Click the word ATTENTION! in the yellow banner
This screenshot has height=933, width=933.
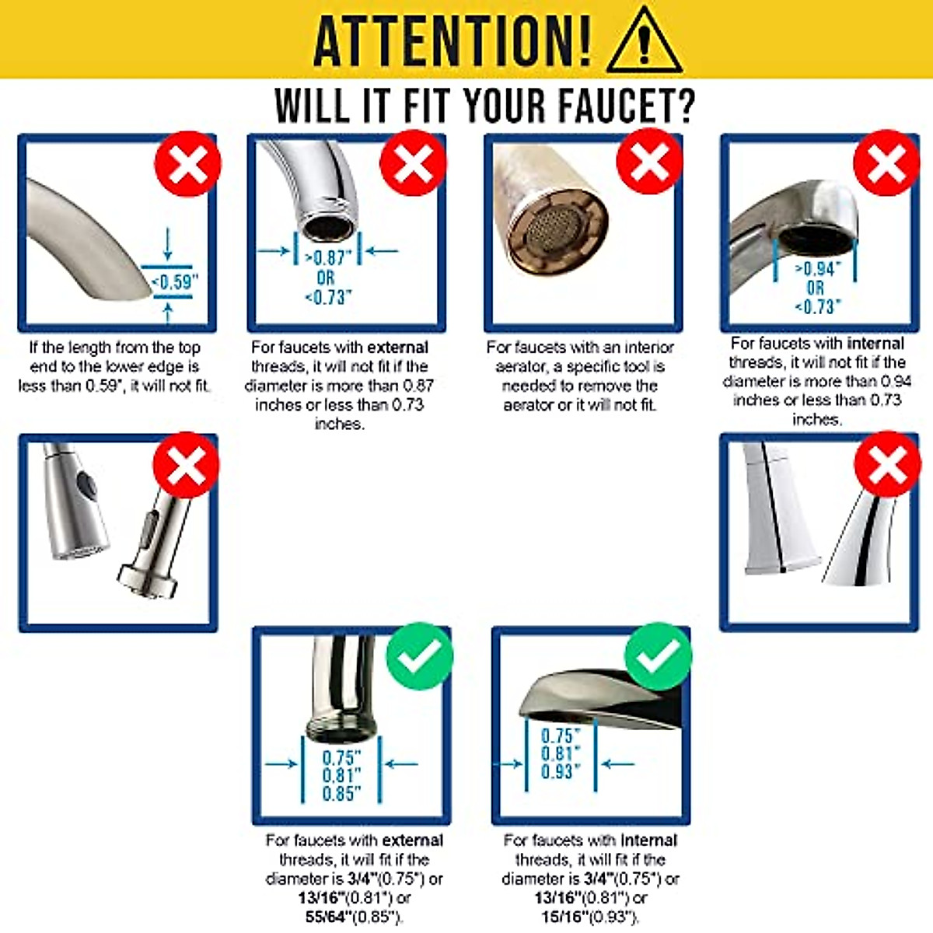pos(452,40)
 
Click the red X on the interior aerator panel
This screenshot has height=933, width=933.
pos(649,162)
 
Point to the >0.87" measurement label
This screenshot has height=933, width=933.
pos(328,258)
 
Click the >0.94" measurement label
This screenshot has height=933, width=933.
pos(817,269)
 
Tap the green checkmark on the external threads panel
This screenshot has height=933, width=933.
pos(419,656)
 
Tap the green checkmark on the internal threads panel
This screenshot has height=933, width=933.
pos(658,656)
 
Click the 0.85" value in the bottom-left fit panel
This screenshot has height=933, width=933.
pos(342,794)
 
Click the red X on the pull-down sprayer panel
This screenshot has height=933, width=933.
pos(186,465)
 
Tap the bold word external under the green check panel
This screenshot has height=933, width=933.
pos(412,840)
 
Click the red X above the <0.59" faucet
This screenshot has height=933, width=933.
pos(187,163)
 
